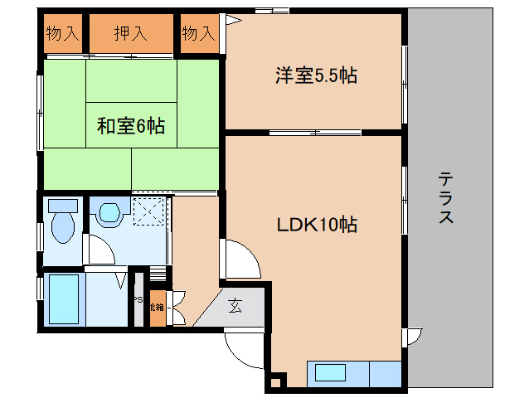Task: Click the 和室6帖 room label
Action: pos(130,126)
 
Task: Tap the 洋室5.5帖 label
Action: pos(316,76)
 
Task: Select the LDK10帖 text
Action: pos(317,224)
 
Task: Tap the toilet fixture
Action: pos(62,220)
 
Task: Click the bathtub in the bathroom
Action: pos(63,299)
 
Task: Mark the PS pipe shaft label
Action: pos(138,300)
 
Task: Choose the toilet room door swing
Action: pos(99,249)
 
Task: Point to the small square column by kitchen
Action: pos(275,382)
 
